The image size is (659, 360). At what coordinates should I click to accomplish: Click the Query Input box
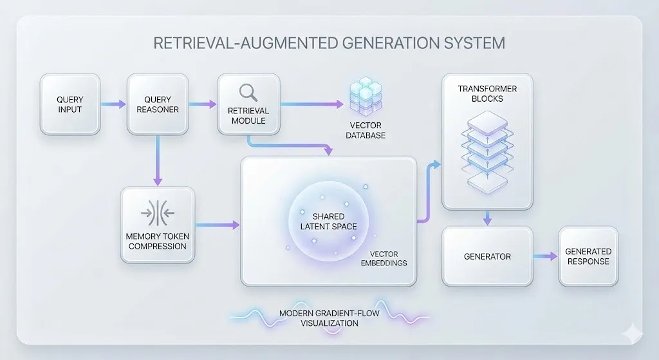[70, 104]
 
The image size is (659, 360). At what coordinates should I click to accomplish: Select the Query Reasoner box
[158, 104]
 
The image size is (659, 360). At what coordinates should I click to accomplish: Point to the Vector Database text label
[367, 131]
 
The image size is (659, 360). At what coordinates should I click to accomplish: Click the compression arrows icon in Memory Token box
[157, 212]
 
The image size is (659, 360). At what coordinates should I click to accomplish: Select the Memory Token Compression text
[157, 241]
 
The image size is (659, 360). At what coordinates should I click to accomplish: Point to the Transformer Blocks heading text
[487, 94]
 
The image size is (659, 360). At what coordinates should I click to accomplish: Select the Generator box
[487, 256]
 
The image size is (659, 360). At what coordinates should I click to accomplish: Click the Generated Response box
[588, 256]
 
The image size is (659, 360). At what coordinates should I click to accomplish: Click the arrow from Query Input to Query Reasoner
[113, 104]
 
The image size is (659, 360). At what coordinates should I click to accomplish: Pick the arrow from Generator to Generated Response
[546, 256]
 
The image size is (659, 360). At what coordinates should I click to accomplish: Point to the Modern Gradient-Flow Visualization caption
[328, 318]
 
